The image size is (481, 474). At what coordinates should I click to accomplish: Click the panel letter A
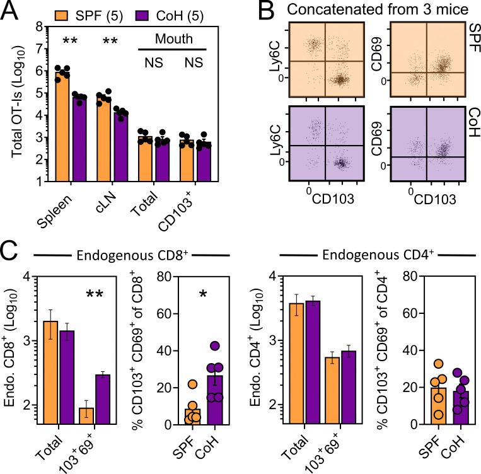coord(11,11)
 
